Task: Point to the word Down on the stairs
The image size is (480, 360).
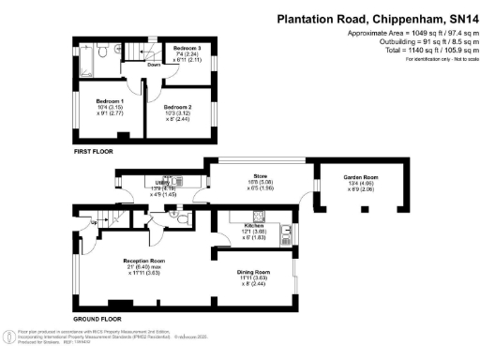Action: [153, 66]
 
